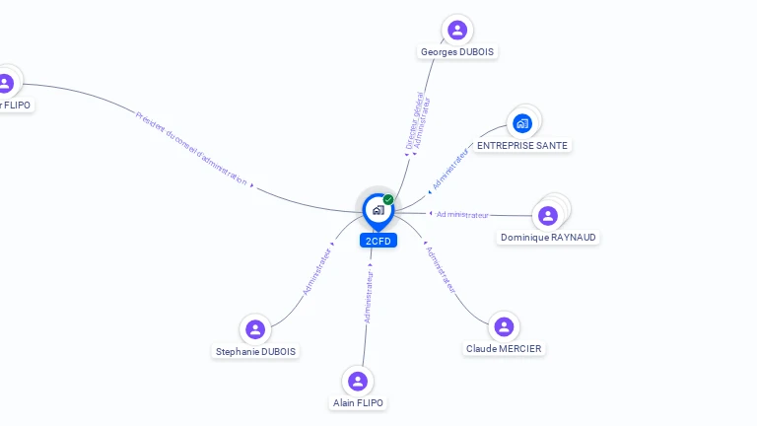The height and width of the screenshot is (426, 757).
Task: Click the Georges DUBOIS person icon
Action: pyautogui.click(x=456, y=30)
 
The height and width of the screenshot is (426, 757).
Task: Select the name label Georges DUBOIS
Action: pyautogui.click(x=457, y=51)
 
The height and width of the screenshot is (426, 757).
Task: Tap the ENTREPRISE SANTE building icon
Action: pyautogui.click(x=522, y=123)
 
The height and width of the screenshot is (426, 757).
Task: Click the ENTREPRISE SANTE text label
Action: pyautogui.click(x=522, y=145)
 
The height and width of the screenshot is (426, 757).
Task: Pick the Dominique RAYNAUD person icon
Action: pyautogui.click(x=548, y=215)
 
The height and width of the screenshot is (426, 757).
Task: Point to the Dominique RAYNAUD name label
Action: pyautogui.click(x=549, y=238)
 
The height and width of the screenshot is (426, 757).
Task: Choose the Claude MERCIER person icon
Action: pyautogui.click(x=504, y=326)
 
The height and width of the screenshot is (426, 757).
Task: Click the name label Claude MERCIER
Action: pyautogui.click(x=504, y=349)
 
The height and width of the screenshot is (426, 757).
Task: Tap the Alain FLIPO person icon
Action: pyautogui.click(x=358, y=381)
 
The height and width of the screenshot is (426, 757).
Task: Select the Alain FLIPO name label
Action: pyautogui.click(x=358, y=402)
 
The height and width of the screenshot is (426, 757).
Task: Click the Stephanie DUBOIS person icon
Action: pyautogui.click(x=255, y=329)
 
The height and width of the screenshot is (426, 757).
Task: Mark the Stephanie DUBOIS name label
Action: pyautogui.click(x=256, y=351)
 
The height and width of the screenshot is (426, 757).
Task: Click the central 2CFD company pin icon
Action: pyautogui.click(x=378, y=210)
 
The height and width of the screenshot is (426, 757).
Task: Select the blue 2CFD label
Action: pyautogui.click(x=378, y=241)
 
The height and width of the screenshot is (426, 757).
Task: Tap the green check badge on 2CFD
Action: pyautogui.click(x=388, y=199)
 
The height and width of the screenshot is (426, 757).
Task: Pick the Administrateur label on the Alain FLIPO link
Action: pyautogui.click(x=369, y=297)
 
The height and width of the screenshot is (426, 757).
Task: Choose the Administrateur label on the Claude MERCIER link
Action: pyautogui.click(x=441, y=268)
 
